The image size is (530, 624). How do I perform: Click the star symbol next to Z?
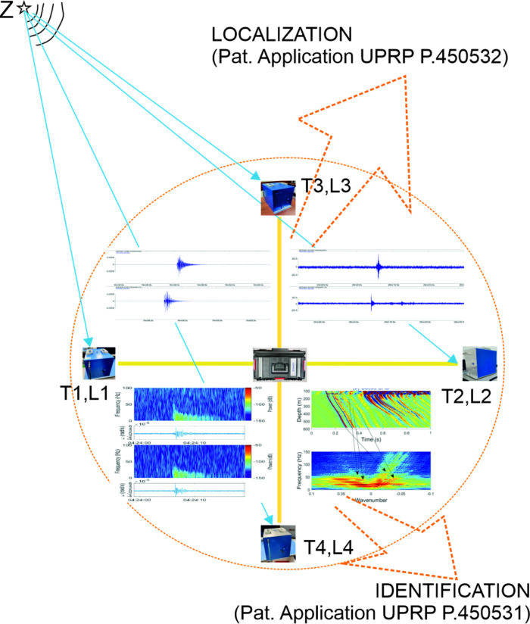(25, 10)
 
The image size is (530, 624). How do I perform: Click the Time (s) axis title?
(369, 439)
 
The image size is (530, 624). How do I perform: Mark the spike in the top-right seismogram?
(378, 266)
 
